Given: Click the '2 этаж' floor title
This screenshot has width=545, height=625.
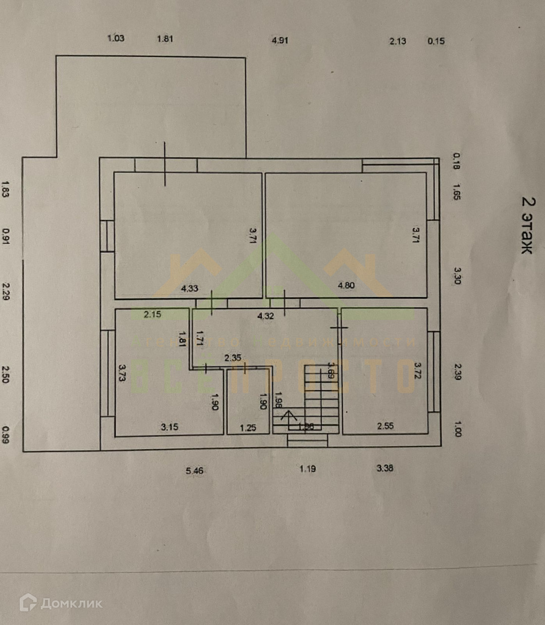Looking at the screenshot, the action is pyautogui.click(x=527, y=225).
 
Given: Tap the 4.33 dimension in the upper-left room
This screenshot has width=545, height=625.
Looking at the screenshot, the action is pyautogui.click(x=189, y=288).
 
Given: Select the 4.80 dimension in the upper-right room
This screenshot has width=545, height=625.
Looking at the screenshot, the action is pyautogui.click(x=346, y=285).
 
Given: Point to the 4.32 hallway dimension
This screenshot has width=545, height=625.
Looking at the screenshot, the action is pyautogui.click(x=266, y=316).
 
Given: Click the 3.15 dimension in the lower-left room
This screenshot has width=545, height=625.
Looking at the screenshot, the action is pyautogui.click(x=170, y=427).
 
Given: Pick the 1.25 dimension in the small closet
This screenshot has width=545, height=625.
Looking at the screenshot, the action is pyautogui.click(x=248, y=428).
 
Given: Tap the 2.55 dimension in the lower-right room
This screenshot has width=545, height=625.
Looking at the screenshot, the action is pyautogui.click(x=386, y=426).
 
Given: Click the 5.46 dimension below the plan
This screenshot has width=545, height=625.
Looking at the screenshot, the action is pyautogui.click(x=195, y=471).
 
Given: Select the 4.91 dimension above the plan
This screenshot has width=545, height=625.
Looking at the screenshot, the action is pyautogui.click(x=280, y=40).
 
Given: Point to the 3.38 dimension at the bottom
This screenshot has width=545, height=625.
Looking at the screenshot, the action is pyautogui.click(x=385, y=468).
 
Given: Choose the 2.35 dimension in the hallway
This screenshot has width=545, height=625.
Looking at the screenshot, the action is pyautogui.click(x=233, y=358).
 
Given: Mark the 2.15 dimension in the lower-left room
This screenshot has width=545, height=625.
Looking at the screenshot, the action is pyautogui.click(x=152, y=314).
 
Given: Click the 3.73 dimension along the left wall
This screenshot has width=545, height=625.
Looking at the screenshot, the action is pyautogui.click(x=122, y=374).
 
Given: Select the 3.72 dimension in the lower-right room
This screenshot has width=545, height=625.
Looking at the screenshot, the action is pyautogui.click(x=418, y=371).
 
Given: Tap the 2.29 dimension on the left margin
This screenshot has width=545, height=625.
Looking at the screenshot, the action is pyautogui.click(x=6, y=291).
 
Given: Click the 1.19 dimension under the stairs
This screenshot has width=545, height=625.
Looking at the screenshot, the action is pyautogui.click(x=308, y=468).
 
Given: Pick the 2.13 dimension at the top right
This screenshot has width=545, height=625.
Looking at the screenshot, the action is pyautogui.click(x=398, y=41).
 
